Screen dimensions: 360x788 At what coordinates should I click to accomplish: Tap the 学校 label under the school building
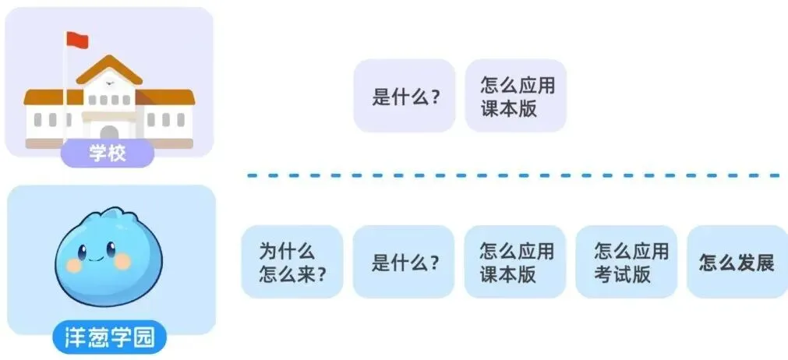click(x=107, y=152)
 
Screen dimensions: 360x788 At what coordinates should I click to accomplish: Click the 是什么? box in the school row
click(x=405, y=96)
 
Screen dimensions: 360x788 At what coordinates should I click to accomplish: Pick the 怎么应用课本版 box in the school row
click(x=516, y=96)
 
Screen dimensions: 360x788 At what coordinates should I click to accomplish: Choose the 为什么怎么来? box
click(x=292, y=262)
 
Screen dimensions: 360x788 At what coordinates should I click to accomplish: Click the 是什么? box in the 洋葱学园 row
click(x=404, y=262)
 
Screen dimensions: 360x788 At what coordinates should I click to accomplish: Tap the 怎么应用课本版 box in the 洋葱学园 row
click(x=515, y=262)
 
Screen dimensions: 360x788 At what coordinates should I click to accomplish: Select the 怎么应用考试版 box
click(x=626, y=262)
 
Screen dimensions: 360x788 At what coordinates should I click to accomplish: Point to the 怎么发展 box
click(x=737, y=262)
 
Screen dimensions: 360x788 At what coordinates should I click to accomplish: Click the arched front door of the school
click(x=109, y=133)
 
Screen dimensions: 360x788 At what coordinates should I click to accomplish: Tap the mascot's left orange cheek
click(x=75, y=265)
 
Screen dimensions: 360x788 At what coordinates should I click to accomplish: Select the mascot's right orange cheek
click(x=123, y=263)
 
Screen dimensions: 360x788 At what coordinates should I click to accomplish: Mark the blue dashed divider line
click(x=514, y=176)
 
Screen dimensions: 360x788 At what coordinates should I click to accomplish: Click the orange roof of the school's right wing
click(x=167, y=97)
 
